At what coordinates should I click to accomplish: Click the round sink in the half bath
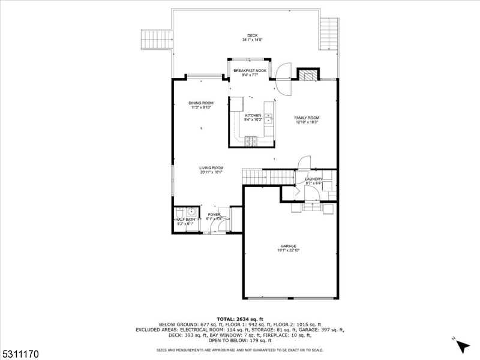191,212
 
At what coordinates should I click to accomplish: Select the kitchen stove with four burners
250,140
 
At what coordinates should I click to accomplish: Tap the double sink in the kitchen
269,119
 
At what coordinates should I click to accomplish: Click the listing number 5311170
20,355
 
